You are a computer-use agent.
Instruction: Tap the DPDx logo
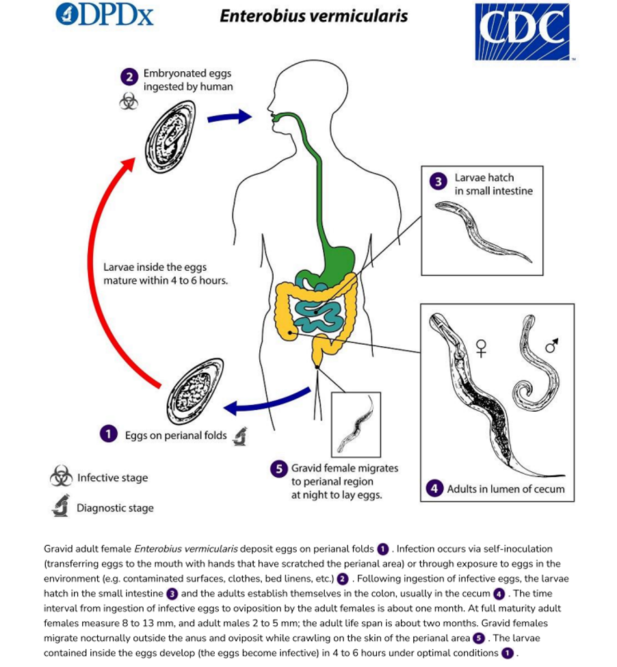pos(104,15)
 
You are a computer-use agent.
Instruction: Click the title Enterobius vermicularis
pos(313,16)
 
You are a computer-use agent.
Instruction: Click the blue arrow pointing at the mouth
pos(229,117)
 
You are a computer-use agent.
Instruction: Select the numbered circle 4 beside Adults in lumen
pos(434,488)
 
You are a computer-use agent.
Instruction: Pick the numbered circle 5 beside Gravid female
pos(278,469)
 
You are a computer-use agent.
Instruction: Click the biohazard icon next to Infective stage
pos(61,477)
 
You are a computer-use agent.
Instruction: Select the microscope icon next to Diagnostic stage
pos(60,507)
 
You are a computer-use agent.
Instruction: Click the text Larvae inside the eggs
pos(155,267)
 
